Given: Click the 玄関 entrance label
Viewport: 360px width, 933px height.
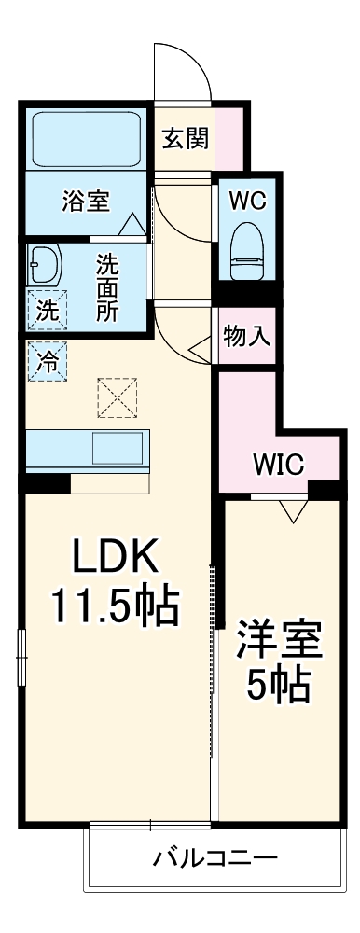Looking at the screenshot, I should pos(185,140).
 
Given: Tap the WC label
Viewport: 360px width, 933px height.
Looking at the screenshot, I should pos(248,200).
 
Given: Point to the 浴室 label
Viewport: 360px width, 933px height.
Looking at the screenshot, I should pos(86,201).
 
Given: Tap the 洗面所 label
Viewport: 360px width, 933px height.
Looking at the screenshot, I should pos(107,287).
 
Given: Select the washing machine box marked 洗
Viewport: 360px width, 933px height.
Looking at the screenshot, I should pos(46,312).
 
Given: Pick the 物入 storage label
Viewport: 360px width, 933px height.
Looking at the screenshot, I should pos(247,337).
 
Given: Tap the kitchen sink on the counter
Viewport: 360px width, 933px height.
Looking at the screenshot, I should pos(118,449).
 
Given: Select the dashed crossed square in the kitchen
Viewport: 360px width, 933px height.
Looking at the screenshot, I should pos(117,397).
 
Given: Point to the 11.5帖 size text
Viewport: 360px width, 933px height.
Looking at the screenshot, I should pos(115,607).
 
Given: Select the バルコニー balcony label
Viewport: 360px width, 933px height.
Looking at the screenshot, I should pos(215,856).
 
